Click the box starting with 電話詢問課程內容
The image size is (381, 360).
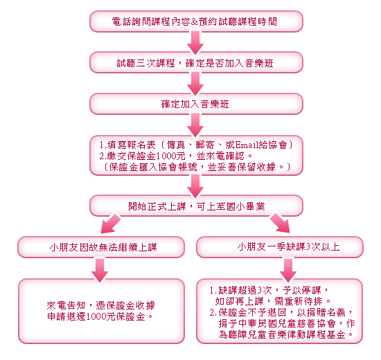click(196, 21)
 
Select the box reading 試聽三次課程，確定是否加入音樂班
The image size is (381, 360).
click(196, 62)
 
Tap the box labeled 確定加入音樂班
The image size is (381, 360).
click(196, 104)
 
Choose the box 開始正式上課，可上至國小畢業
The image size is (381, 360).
click(196, 206)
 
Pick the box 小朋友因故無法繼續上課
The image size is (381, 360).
click(101, 247)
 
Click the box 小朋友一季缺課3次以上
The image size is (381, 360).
click(280, 247)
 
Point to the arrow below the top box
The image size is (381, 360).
click(195, 42)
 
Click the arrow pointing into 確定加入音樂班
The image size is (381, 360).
click(195, 83)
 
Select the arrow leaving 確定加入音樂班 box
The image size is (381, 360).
click(195, 125)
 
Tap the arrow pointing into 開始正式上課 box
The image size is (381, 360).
click(195, 186)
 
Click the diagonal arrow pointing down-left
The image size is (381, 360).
click(111, 224)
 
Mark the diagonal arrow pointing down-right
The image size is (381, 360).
click(280, 223)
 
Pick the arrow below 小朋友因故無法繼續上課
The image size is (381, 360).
click(100, 270)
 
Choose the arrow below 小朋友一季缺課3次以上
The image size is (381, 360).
click(288, 270)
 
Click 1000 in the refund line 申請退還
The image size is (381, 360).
click(96, 316)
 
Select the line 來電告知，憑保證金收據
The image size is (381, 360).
click(101, 305)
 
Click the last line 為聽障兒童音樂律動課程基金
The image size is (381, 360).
click(285, 334)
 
